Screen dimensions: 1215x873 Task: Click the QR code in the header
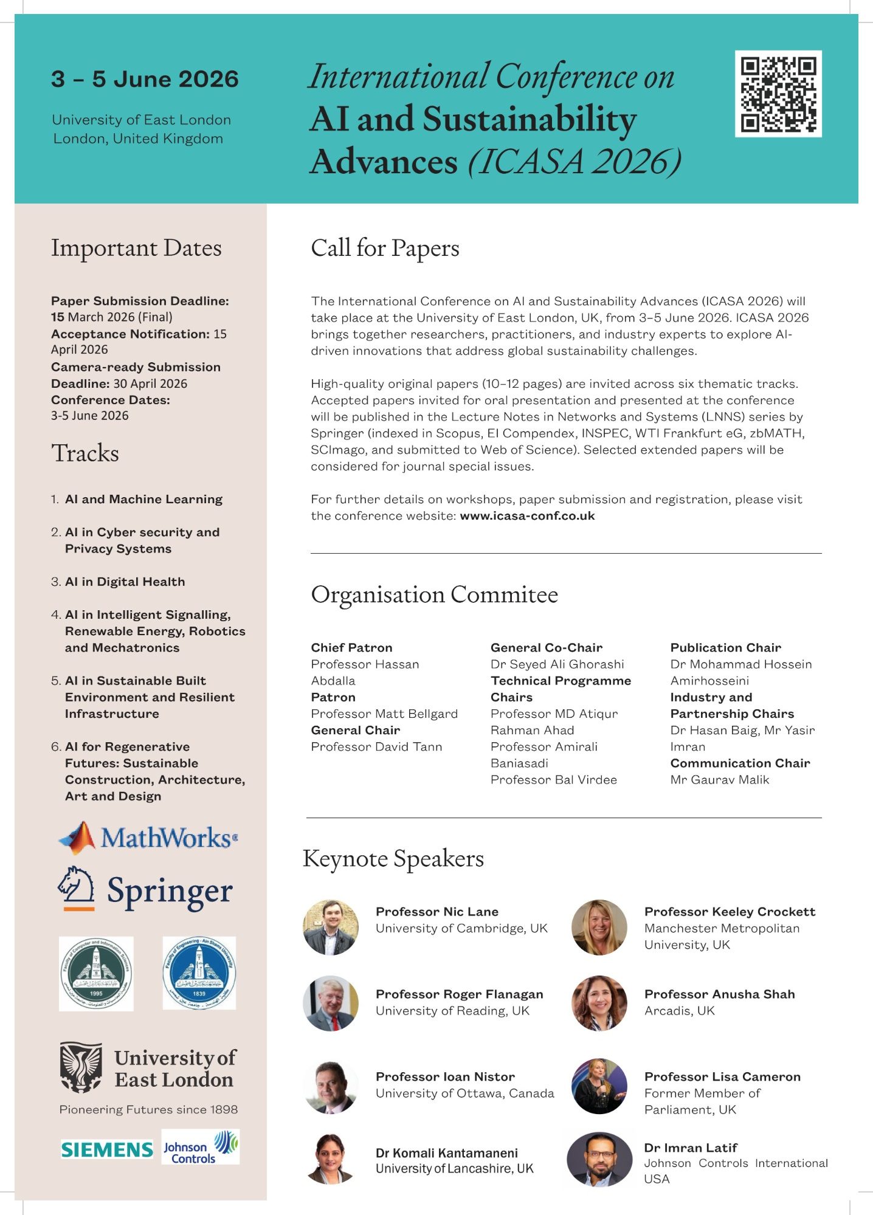pos(778,94)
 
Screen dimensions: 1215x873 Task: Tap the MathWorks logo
pos(148,838)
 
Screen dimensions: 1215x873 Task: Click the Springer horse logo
pos(77,887)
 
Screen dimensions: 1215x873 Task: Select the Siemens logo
pos(107,1149)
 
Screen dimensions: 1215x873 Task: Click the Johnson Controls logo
pos(201,1147)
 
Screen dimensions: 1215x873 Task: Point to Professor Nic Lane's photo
pos(331,927)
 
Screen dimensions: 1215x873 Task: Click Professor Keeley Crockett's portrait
pos(599,927)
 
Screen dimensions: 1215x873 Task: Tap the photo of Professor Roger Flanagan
pos(331,1003)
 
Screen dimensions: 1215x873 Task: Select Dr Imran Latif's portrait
pos(599,1159)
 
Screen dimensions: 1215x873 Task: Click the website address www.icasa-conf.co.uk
pos(527,516)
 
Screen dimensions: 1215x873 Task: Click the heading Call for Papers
pos(385,248)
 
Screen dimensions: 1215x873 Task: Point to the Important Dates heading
pos(136,248)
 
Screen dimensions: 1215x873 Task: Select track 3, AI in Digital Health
pos(125,582)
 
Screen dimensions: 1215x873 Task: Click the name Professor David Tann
pos(376,747)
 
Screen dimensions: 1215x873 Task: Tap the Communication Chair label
pos(740,763)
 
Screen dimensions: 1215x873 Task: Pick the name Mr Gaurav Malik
pos(720,780)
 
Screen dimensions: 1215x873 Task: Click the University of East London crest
pos(81,1067)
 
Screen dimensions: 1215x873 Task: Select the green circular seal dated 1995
pos(96,974)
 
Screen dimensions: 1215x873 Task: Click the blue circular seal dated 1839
pos(199,972)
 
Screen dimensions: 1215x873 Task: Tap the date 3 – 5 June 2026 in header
pos(145,79)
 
